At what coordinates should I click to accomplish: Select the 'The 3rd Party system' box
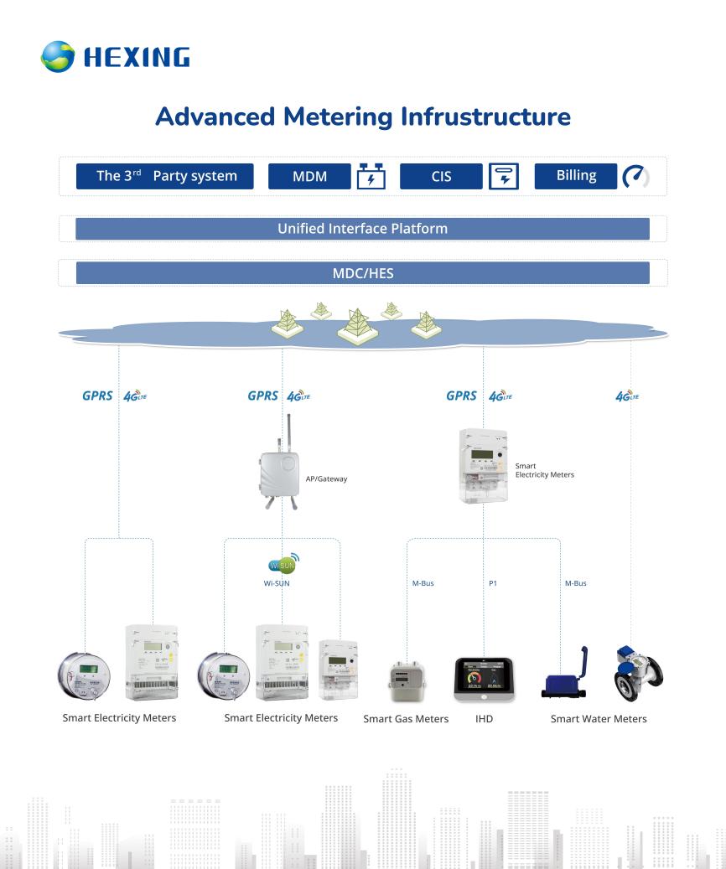(x=164, y=176)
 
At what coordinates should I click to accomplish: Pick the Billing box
(x=576, y=176)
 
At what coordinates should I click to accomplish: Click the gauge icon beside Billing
(x=635, y=176)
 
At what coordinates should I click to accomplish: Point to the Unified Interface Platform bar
(x=362, y=229)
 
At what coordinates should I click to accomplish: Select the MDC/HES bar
(x=362, y=272)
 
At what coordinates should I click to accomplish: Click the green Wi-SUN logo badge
(x=282, y=562)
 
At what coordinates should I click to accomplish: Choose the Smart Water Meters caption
(x=598, y=719)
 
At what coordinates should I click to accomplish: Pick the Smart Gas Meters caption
(x=406, y=719)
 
